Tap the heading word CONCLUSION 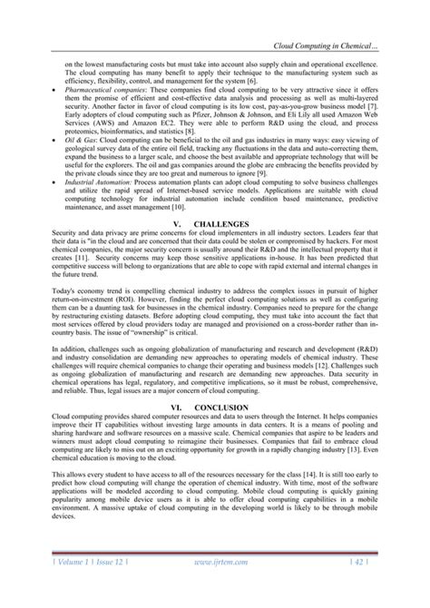click(223, 408)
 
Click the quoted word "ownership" click(171, 349)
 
